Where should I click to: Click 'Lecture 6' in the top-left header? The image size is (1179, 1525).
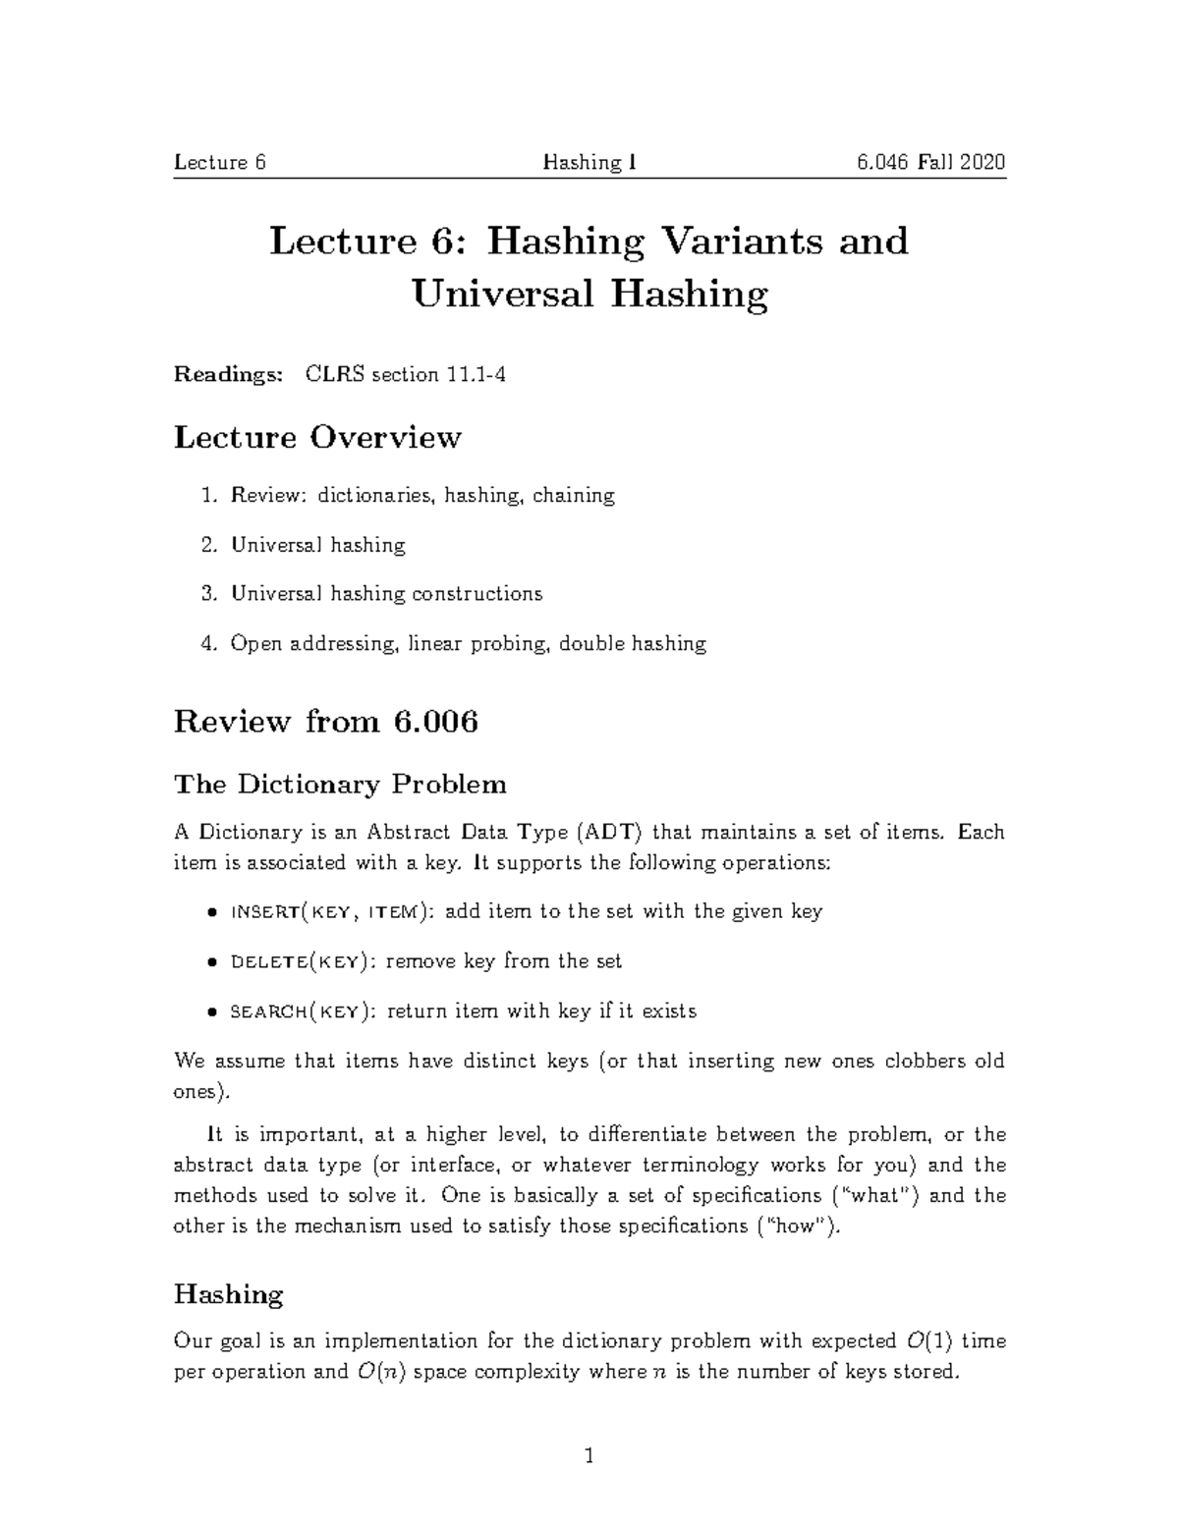click(220, 162)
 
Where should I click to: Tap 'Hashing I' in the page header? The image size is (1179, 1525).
click(589, 162)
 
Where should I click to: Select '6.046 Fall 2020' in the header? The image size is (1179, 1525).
click(930, 162)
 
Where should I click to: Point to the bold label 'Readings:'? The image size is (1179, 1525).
click(229, 374)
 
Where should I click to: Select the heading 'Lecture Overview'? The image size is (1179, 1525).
click(317, 437)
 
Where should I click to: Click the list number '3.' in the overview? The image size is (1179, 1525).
click(207, 594)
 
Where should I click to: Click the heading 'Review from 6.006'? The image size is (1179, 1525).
click(325, 722)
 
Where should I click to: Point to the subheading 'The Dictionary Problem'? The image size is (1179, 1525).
click(340, 785)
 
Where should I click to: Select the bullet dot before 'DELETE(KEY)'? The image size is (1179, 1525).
click(211, 963)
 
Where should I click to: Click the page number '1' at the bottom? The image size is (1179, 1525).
click(589, 1455)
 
